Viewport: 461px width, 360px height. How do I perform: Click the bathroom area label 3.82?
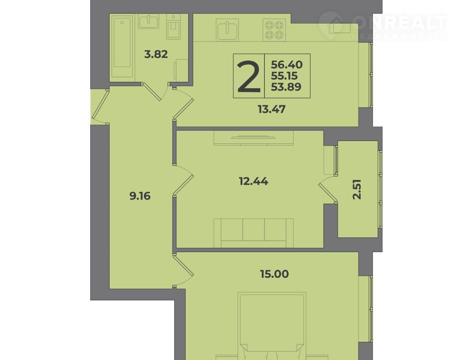pyautogui.click(x=156, y=55)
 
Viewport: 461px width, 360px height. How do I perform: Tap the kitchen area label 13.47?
pyautogui.click(x=272, y=110)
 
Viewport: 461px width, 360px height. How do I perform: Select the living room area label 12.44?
pyautogui.click(x=254, y=181)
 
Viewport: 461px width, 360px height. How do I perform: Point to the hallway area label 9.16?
pyautogui.click(x=140, y=196)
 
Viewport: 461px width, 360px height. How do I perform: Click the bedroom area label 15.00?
pyautogui.click(x=274, y=274)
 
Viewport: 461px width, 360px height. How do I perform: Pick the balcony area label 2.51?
pyautogui.click(x=357, y=190)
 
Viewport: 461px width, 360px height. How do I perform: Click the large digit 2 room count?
pyautogui.click(x=249, y=76)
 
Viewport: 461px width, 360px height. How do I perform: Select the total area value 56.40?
pyautogui.click(x=287, y=64)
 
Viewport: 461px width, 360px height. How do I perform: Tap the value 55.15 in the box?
pyautogui.click(x=284, y=76)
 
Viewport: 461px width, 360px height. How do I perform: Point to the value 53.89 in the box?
pyautogui.click(x=286, y=87)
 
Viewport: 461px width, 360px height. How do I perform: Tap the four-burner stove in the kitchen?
pyautogui.click(x=274, y=29)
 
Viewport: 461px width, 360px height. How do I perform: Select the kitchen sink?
pyautogui.click(x=227, y=30)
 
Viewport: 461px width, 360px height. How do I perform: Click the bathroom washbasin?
pyautogui.click(x=149, y=21)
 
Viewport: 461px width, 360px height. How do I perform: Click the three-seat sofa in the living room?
pyautogui.click(x=254, y=233)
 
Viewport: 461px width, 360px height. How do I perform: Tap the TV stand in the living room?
pyautogui.click(x=254, y=138)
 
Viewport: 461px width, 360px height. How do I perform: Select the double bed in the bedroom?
pyautogui.click(x=272, y=326)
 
